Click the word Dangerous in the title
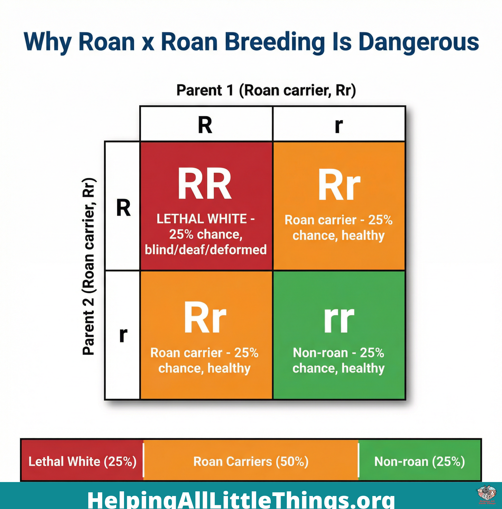[418, 42]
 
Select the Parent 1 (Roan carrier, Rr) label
[266, 90]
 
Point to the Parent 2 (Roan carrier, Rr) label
[89, 267]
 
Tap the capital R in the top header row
[205, 125]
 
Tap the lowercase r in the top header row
[339, 126]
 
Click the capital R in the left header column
[123, 208]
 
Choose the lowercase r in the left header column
[123, 335]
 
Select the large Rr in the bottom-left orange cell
[205, 318]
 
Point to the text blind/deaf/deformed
[206, 249]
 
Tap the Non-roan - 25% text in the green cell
[338, 353]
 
